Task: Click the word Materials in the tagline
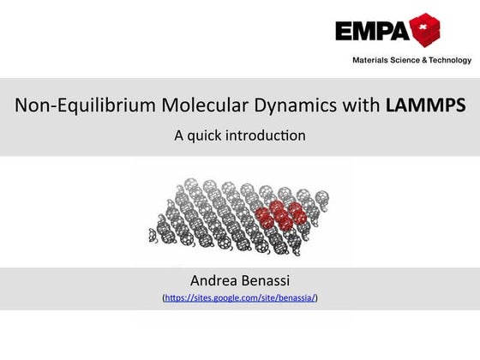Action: click(x=371, y=60)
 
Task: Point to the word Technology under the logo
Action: click(x=447, y=60)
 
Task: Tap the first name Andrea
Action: click(x=214, y=280)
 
